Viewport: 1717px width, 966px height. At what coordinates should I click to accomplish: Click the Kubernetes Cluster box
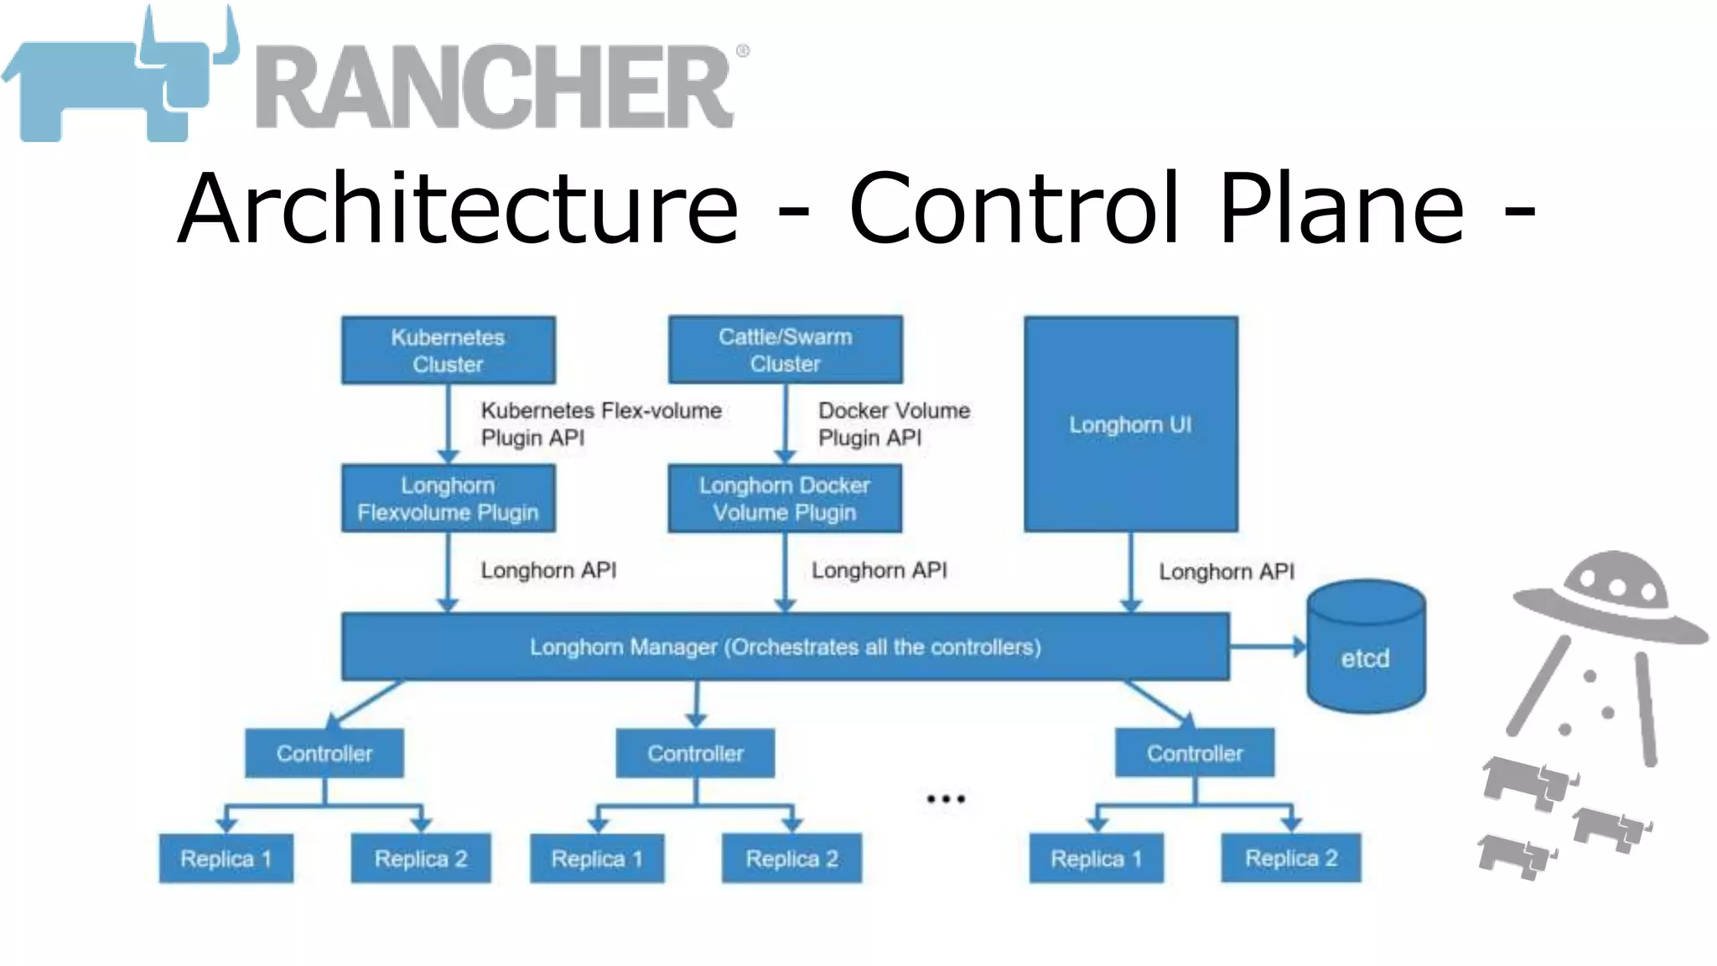click(x=448, y=351)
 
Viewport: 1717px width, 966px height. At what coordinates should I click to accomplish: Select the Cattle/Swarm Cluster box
click(x=785, y=350)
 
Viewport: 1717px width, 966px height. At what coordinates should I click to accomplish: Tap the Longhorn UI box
click(x=1130, y=424)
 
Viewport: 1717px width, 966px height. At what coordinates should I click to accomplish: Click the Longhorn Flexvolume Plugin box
click(x=448, y=498)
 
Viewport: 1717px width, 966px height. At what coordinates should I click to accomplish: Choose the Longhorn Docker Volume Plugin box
click(x=785, y=498)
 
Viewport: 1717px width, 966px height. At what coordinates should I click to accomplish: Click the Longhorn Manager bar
click(x=785, y=647)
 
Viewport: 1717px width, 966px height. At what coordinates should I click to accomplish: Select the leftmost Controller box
click(x=324, y=753)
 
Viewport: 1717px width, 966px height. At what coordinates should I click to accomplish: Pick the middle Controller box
click(x=695, y=753)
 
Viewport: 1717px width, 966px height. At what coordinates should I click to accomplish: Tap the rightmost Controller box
click(x=1195, y=753)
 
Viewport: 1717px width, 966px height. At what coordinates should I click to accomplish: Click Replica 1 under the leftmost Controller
click(x=226, y=859)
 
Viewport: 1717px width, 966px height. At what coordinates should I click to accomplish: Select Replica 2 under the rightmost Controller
click(x=1291, y=859)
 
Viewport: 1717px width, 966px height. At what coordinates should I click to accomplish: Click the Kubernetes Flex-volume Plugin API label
click(x=600, y=424)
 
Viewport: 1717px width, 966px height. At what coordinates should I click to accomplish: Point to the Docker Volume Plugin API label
click(x=894, y=424)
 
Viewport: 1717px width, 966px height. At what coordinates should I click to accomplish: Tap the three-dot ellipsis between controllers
click(x=946, y=799)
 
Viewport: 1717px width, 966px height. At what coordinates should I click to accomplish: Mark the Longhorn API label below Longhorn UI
click(x=1226, y=572)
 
